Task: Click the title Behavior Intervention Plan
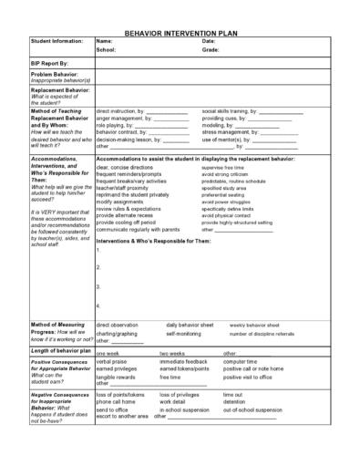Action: click(x=180, y=31)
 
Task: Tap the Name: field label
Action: click(x=104, y=41)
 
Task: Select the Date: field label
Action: click(x=209, y=41)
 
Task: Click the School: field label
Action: click(x=107, y=50)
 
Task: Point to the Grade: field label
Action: click(x=211, y=50)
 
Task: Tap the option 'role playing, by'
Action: click(x=117, y=125)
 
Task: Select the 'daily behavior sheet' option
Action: click(x=190, y=325)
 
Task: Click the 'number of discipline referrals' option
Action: click(x=262, y=334)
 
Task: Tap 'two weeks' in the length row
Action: click(x=172, y=352)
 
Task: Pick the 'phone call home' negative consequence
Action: click(x=116, y=402)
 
